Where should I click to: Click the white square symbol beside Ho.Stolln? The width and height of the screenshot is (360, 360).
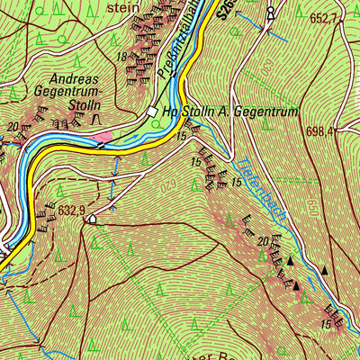(x=152, y=112)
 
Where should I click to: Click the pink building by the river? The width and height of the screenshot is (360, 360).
(x=104, y=138)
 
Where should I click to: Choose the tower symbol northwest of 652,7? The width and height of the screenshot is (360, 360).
(x=269, y=13)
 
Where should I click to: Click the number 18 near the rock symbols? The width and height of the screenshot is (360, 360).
(x=121, y=57)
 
